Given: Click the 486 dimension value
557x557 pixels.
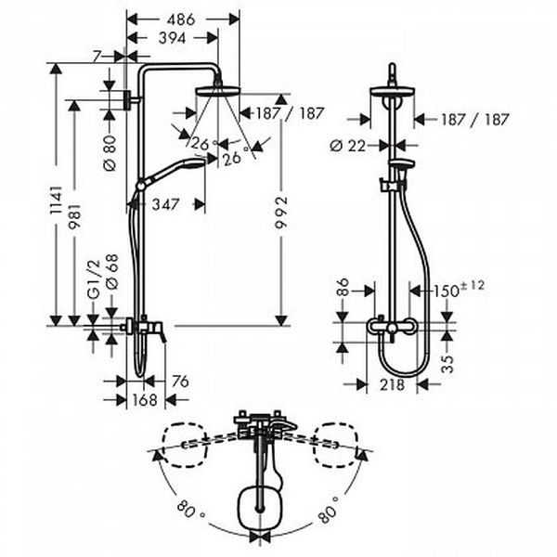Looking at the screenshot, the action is (181, 19).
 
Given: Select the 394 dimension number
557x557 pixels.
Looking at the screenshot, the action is (173, 38).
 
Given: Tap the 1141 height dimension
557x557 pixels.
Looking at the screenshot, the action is (56, 200).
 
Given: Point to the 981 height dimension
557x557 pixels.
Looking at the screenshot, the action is (74, 215).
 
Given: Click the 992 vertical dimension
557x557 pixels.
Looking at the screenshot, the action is (281, 213).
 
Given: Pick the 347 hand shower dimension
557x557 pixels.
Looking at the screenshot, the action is (165, 204).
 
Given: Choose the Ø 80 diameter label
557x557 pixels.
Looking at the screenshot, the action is (110, 153).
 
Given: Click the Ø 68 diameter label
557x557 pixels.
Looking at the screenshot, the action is (111, 272).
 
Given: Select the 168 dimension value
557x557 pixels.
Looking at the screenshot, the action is (145, 400).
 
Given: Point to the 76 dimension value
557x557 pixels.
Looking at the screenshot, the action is (180, 382).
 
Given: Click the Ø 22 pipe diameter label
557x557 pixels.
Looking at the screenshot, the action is (348, 146).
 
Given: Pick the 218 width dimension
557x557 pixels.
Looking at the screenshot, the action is (392, 384).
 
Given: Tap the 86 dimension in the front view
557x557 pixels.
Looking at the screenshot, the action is (343, 288).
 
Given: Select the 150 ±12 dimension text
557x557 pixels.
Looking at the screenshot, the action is (459, 289).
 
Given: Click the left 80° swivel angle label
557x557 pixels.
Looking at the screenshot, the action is (190, 509).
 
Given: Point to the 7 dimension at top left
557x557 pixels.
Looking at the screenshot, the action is (96, 57).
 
